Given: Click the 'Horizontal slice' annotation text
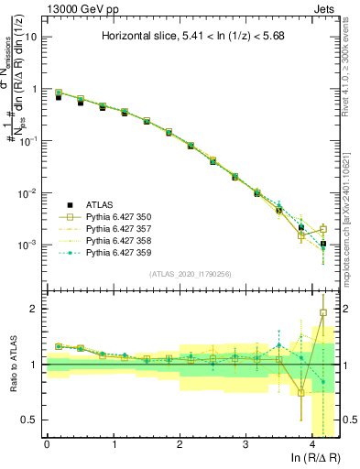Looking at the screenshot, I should pyautogui.click(x=192, y=38).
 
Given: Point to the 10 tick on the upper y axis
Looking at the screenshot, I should pyautogui.click(x=31, y=38).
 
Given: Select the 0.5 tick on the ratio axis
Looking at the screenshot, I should pyautogui.click(x=32, y=420).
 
